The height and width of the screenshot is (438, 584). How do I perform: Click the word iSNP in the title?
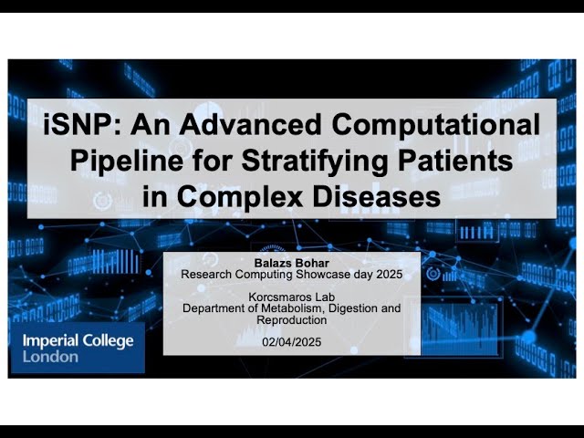77,125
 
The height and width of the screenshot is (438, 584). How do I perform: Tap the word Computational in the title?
445,125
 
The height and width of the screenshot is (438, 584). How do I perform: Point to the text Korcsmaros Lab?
292,297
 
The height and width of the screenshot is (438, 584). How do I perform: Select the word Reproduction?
292,320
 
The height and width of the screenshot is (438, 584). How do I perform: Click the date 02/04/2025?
292,343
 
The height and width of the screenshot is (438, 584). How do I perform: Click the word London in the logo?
50,357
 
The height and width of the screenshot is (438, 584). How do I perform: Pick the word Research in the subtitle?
205,274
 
